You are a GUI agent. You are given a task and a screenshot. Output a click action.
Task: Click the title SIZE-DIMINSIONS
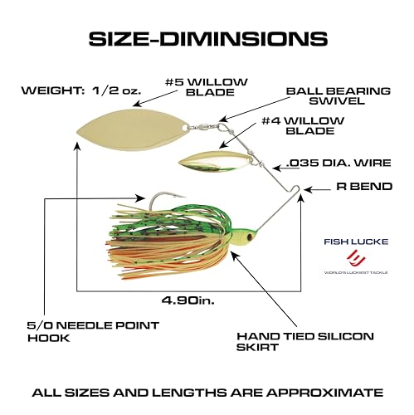pyautogui.click(x=208, y=38)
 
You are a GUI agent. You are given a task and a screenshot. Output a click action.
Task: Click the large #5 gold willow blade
pyautogui.click(x=133, y=130)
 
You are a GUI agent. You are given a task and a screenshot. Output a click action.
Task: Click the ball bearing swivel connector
pyautogui.click(x=205, y=126)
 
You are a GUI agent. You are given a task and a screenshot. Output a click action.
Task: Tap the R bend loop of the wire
pyautogui.click(x=296, y=189)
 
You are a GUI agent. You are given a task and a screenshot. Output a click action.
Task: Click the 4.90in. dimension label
pyautogui.click(x=188, y=300)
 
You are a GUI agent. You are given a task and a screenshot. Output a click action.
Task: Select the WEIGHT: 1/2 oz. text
pyautogui.click(x=81, y=90)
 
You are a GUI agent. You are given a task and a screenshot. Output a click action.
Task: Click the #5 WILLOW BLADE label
pyautogui.click(x=207, y=87)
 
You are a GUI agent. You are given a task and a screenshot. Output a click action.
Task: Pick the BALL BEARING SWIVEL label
pyautogui.click(x=339, y=95)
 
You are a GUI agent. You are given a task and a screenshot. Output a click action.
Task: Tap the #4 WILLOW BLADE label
pyautogui.click(x=303, y=125)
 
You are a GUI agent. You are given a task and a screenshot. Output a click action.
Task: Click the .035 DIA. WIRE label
pyautogui.click(x=339, y=163)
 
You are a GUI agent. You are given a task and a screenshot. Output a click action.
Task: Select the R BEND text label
pyautogui.click(x=364, y=187)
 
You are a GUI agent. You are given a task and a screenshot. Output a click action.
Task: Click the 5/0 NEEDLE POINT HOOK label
pyautogui.click(x=93, y=331)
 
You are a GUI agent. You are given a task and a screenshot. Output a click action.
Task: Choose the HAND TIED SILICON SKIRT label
pyautogui.click(x=305, y=342)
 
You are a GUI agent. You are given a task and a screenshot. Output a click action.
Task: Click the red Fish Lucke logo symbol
pyautogui.click(x=356, y=257)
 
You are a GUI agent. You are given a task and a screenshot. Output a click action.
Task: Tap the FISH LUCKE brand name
pyautogui.click(x=356, y=242)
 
